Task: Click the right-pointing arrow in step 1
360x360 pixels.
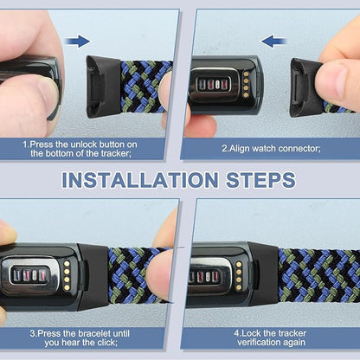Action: pyautogui.click(x=77, y=42)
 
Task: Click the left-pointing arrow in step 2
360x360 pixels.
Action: pyautogui.click(x=273, y=42)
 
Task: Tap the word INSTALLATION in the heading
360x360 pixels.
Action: pyautogui.click(x=139, y=180)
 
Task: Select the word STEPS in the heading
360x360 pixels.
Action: pyautogui.click(x=260, y=180)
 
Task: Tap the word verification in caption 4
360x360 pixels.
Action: pyautogui.click(x=256, y=343)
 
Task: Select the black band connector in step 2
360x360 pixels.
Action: pyautogui.click(x=305, y=87)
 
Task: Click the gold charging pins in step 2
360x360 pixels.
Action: pyautogui.click(x=246, y=85)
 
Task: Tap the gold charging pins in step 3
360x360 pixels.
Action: pyautogui.click(x=67, y=275)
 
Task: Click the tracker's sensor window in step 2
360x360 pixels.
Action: pyautogui.click(x=215, y=84)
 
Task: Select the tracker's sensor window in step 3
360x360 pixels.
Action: pyautogui.click(x=29, y=274)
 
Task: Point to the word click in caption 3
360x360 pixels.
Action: pyautogui.click(x=107, y=343)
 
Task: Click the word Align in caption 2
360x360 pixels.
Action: pyautogui.click(x=240, y=149)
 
